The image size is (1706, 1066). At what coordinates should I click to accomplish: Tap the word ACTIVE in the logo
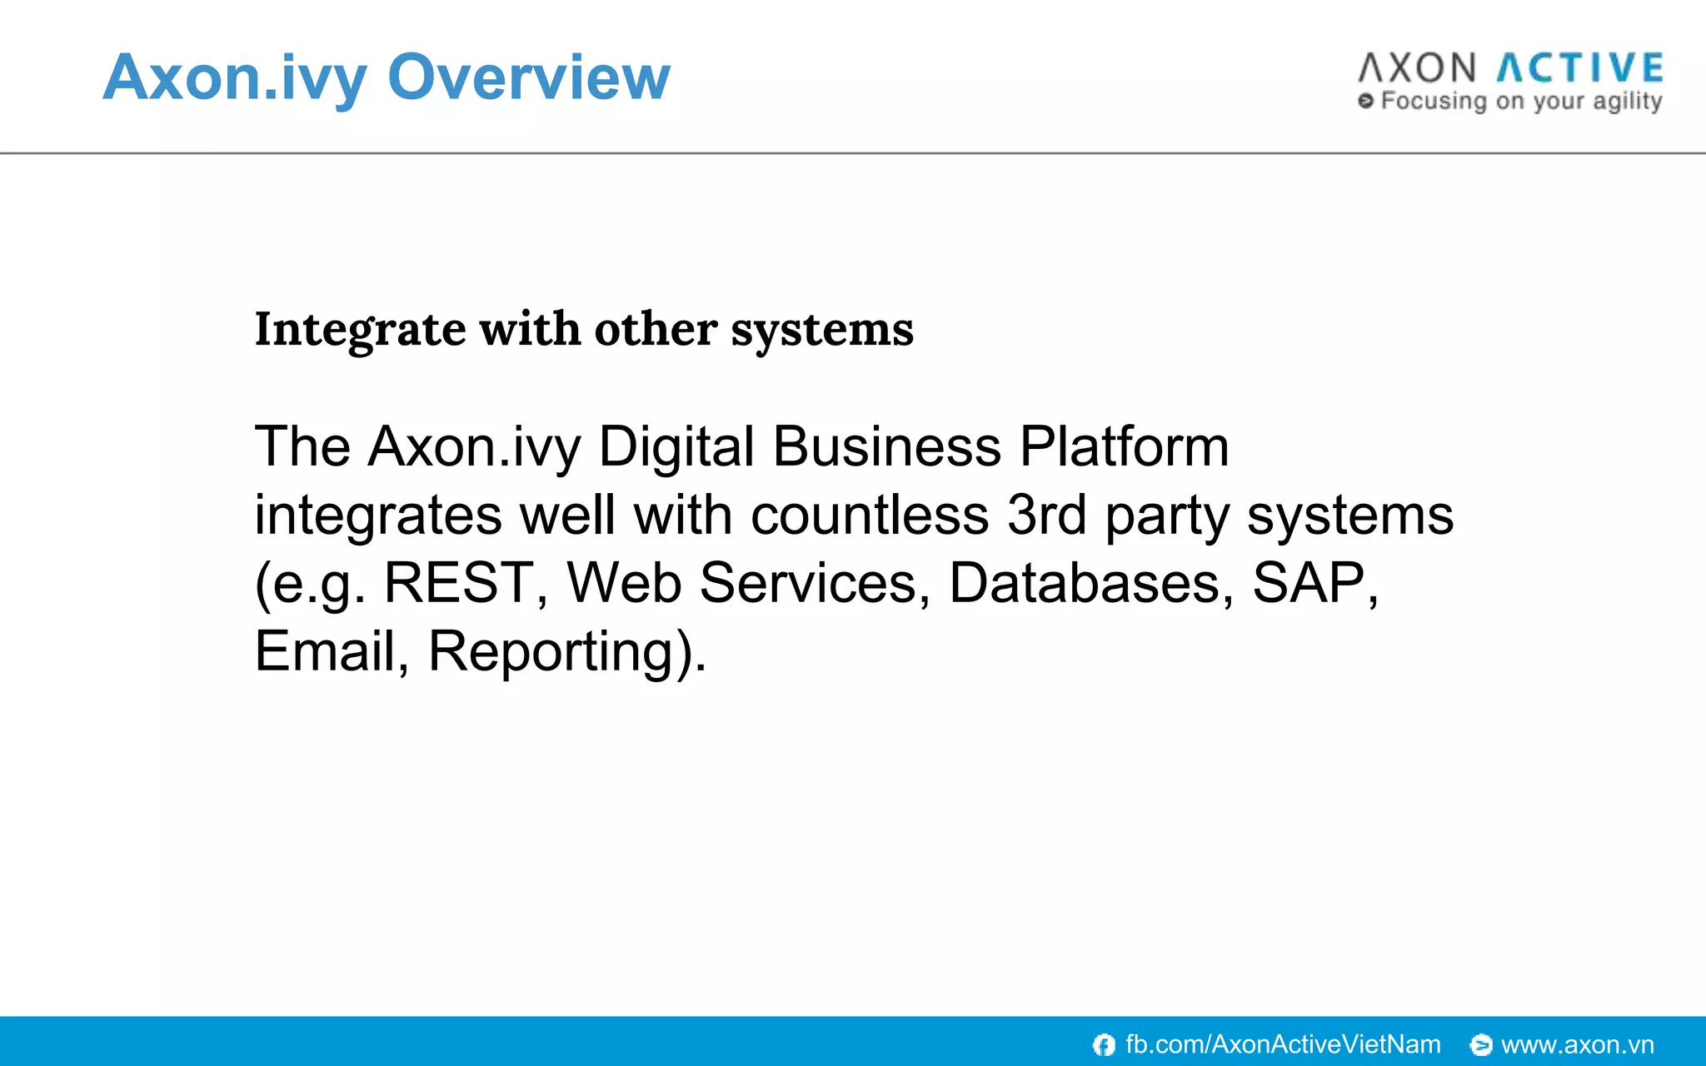click(1580, 68)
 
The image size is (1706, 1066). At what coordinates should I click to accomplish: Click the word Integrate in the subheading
click(359, 330)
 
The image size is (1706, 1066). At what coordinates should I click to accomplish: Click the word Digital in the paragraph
click(676, 447)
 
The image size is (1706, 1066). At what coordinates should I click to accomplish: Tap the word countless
click(869, 516)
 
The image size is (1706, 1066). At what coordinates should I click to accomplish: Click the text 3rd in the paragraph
click(1046, 516)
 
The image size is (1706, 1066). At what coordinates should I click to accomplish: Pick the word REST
click(458, 583)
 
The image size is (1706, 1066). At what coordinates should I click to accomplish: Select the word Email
click(323, 651)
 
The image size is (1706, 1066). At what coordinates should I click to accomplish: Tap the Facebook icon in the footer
click(1104, 1044)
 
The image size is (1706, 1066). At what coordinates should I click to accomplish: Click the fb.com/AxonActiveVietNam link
click(1282, 1044)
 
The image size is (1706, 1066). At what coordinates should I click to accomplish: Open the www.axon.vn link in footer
click(1577, 1044)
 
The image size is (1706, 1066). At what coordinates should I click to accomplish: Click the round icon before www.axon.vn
click(1481, 1044)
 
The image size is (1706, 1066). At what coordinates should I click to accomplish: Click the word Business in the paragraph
click(886, 447)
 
